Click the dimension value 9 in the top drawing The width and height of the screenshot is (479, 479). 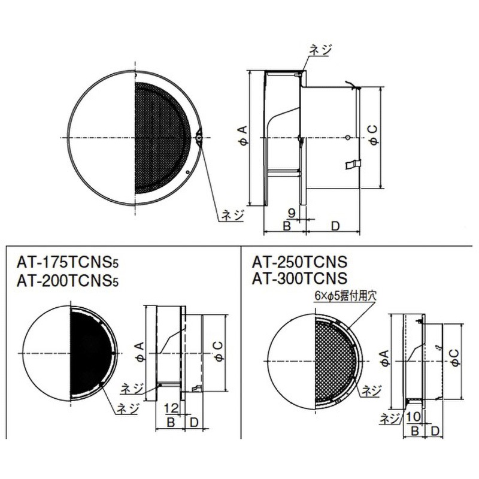292,213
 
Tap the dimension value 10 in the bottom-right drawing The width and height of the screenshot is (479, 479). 414,416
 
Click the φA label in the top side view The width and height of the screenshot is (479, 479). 242,136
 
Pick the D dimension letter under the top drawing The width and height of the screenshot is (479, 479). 335,226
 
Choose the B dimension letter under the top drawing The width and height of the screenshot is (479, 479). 287,226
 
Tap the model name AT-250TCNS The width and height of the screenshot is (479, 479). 300,262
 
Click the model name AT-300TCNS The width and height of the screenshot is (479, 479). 300,278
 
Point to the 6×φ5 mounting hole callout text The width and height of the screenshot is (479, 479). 345,296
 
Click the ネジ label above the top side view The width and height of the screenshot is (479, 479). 320,50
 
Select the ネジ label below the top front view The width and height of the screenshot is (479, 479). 233,214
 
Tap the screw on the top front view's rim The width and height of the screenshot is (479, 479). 199,138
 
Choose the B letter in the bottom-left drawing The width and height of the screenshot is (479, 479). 171,423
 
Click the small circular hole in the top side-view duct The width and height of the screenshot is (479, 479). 348,138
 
